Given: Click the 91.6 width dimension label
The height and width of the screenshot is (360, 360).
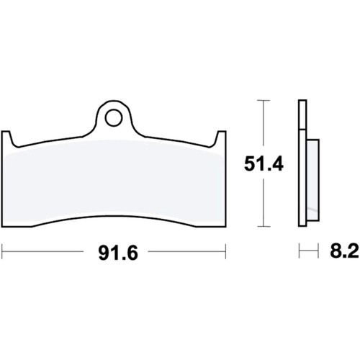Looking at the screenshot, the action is coord(118,253).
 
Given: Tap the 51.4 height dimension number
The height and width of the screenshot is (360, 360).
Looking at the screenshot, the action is coord(264,164).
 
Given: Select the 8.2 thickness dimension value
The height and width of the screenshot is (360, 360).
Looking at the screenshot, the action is coord(344,251).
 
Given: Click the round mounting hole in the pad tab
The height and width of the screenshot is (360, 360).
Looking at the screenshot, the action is coord(114,118).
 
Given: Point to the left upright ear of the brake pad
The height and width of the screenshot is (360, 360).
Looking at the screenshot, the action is coord(6,139).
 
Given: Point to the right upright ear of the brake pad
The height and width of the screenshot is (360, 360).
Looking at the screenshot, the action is coord(221,139).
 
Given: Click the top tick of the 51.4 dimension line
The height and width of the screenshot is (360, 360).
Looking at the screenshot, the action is coord(264,100).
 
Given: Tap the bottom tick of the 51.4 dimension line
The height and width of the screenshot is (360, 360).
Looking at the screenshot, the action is coord(264,226).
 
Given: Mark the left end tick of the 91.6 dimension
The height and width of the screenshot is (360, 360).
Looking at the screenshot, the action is coord(2,251).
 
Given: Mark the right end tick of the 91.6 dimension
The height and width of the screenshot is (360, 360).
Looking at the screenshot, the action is coord(225,251).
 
